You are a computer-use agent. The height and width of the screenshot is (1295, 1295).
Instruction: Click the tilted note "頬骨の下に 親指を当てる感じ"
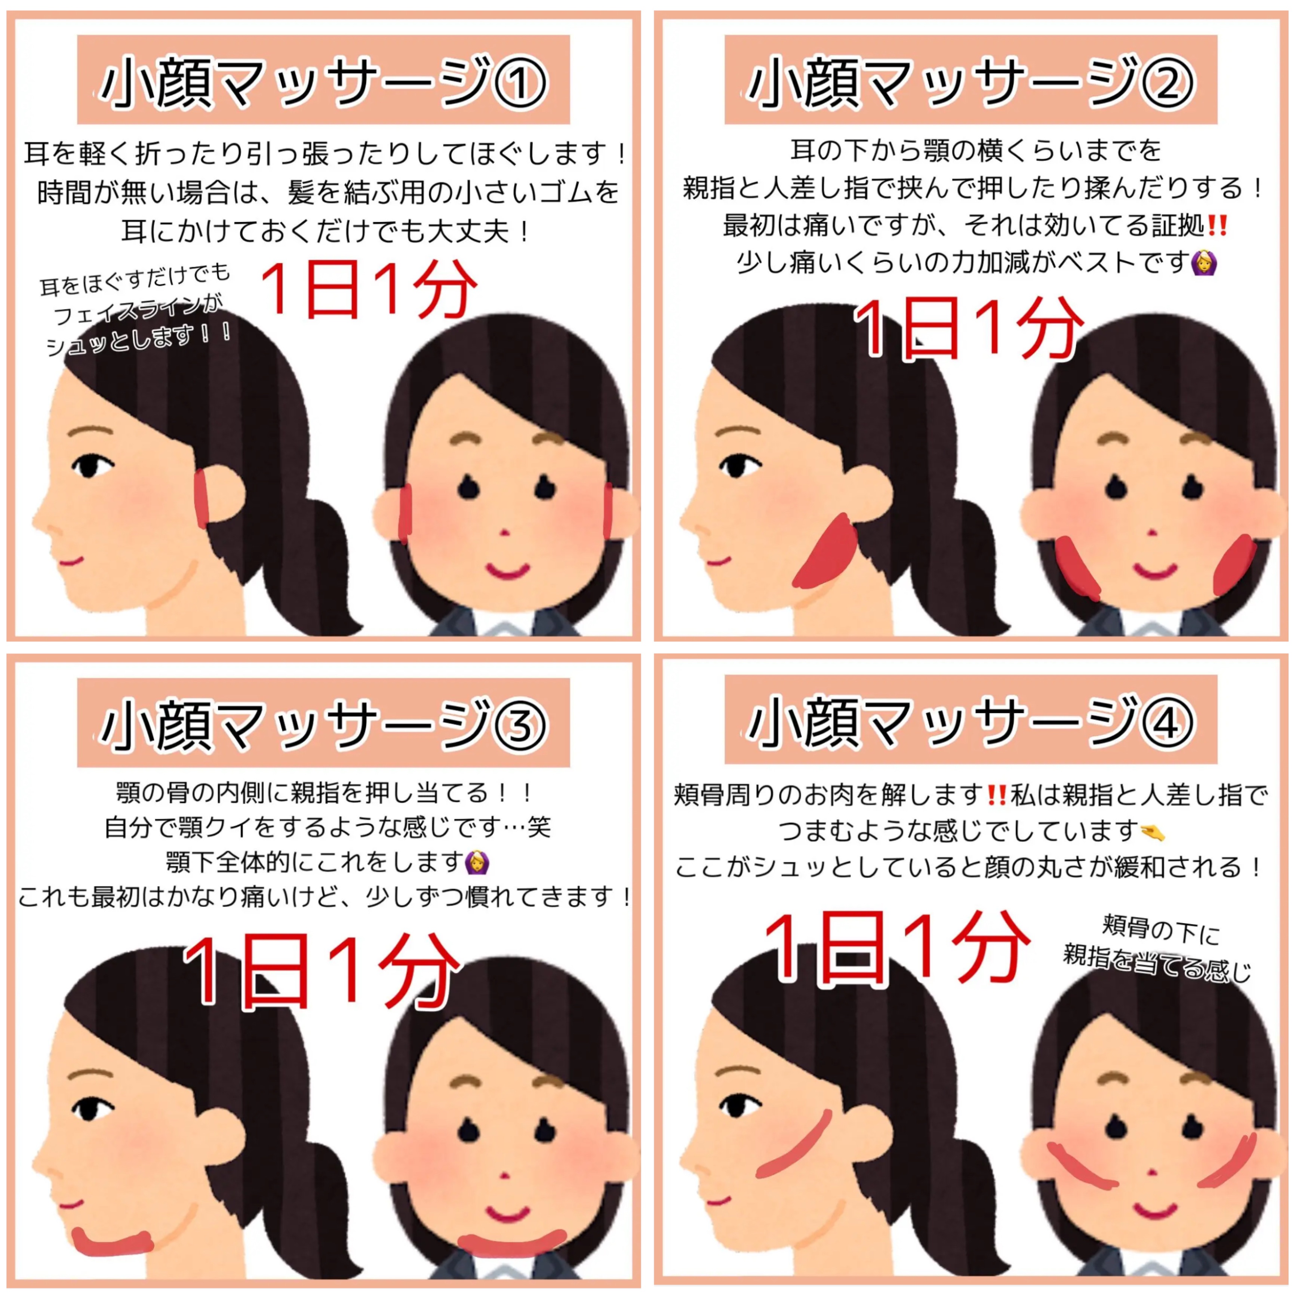tap(1157, 948)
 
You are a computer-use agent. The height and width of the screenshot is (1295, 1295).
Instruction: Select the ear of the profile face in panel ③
tap(219, 1138)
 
